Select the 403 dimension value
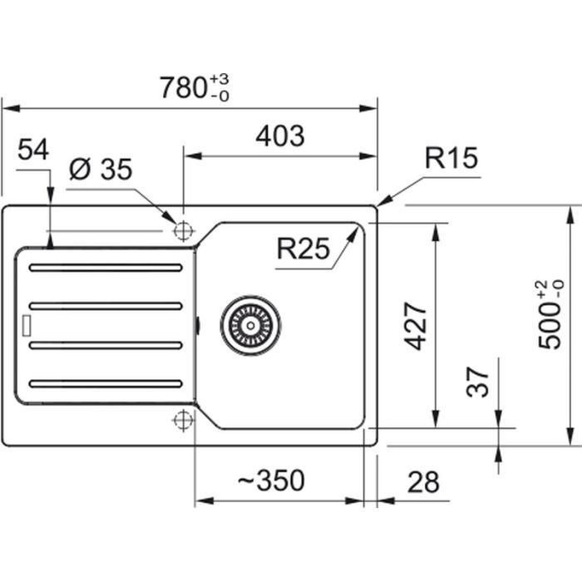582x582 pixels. [x=280, y=136]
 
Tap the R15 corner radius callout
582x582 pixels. [x=451, y=158]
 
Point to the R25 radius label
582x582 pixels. [x=303, y=247]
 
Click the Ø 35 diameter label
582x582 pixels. [x=101, y=170]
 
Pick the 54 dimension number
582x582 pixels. [x=33, y=150]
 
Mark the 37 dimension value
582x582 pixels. [x=478, y=383]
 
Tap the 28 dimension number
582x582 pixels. [x=422, y=481]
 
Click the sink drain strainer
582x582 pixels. [x=250, y=322]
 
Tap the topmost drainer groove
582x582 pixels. [x=105, y=268]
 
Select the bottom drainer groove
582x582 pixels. [x=105, y=383]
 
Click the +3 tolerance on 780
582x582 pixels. [x=219, y=78]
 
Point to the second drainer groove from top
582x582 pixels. [x=105, y=306]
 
